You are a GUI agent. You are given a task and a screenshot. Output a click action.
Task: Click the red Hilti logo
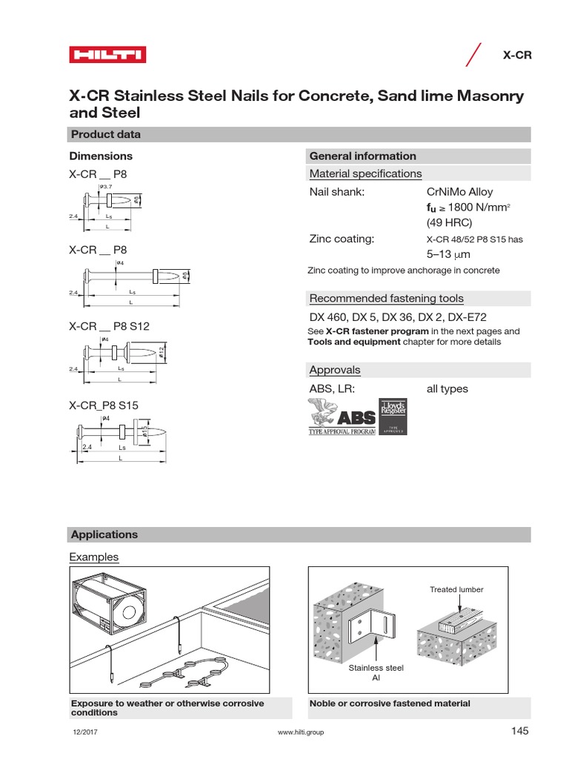coord(107,55)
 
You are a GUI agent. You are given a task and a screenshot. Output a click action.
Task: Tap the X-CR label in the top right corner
coord(518,56)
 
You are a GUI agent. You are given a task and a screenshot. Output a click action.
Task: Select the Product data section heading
coord(104,134)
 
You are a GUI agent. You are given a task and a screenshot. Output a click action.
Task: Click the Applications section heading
coord(103,534)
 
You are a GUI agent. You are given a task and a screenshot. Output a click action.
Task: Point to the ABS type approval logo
coord(342,417)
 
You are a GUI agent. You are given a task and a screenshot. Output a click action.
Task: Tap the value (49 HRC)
coord(449,222)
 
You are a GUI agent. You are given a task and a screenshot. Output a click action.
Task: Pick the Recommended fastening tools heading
coord(386,299)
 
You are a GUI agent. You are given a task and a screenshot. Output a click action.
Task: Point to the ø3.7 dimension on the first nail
coord(105,185)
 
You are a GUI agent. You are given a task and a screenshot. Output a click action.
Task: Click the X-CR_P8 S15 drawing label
coord(104,405)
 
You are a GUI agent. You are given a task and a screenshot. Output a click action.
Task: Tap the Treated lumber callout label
coord(456,590)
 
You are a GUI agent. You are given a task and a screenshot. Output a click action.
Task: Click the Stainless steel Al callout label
coord(376,673)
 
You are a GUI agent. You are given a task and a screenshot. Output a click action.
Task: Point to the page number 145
coord(520,732)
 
